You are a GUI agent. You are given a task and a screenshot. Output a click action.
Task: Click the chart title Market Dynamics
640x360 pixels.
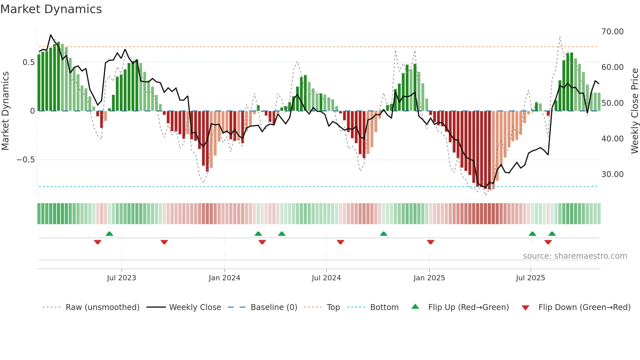[x=51, y=9]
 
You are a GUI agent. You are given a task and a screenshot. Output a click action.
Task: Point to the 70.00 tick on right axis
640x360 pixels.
[x=612, y=32]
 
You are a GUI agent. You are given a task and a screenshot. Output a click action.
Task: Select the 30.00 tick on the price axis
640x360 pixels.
[x=612, y=174]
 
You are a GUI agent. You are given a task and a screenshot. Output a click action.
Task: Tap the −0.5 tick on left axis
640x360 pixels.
[x=25, y=160]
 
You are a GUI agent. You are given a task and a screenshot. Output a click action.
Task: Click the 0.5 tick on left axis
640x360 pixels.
[x=28, y=62]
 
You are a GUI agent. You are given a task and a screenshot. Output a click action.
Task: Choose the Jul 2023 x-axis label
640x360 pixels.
[x=121, y=278]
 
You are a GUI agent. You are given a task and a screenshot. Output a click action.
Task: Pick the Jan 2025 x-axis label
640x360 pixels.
[x=429, y=278]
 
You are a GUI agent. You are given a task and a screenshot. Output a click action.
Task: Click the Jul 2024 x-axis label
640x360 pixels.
[x=326, y=278]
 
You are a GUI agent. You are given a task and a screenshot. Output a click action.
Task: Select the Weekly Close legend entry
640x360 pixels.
[x=195, y=307]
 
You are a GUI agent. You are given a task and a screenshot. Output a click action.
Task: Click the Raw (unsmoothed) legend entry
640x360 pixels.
[x=102, y=307]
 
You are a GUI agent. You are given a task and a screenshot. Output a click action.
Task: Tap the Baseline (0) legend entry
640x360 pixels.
[x=274, y=307]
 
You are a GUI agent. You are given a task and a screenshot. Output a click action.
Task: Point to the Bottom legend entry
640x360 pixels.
[x=384, y=307]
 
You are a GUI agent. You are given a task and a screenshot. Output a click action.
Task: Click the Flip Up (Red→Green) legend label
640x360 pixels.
[x=468, y=307]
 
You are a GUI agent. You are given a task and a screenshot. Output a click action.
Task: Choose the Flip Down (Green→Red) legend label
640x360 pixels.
[x=584, y=307]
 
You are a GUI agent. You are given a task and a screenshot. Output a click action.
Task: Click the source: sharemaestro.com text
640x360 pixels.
[x=575, y=256]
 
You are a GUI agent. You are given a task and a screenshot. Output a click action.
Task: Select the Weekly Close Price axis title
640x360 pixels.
[x=634, y=111]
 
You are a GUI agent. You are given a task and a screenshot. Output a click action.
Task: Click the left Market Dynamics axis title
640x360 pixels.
[x=5, y=111]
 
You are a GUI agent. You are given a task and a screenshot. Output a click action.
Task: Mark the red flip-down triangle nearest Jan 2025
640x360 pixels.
[x=430, y=242]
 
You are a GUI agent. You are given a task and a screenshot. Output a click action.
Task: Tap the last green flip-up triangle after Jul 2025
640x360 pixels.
[x=552, y=234]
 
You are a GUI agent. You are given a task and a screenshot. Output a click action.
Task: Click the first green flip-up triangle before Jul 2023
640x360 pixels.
[x=109, y=234]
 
